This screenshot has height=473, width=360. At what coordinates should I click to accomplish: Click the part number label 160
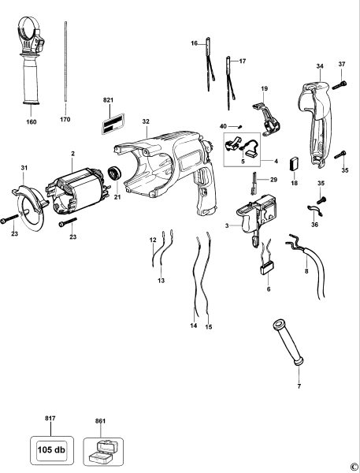tap(32, 123)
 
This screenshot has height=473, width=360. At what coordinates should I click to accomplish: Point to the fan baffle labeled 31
tap(28, 201)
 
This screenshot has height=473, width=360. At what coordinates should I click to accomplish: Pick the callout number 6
tap(268, 289)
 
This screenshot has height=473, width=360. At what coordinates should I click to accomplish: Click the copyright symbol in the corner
tap(354, 467)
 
